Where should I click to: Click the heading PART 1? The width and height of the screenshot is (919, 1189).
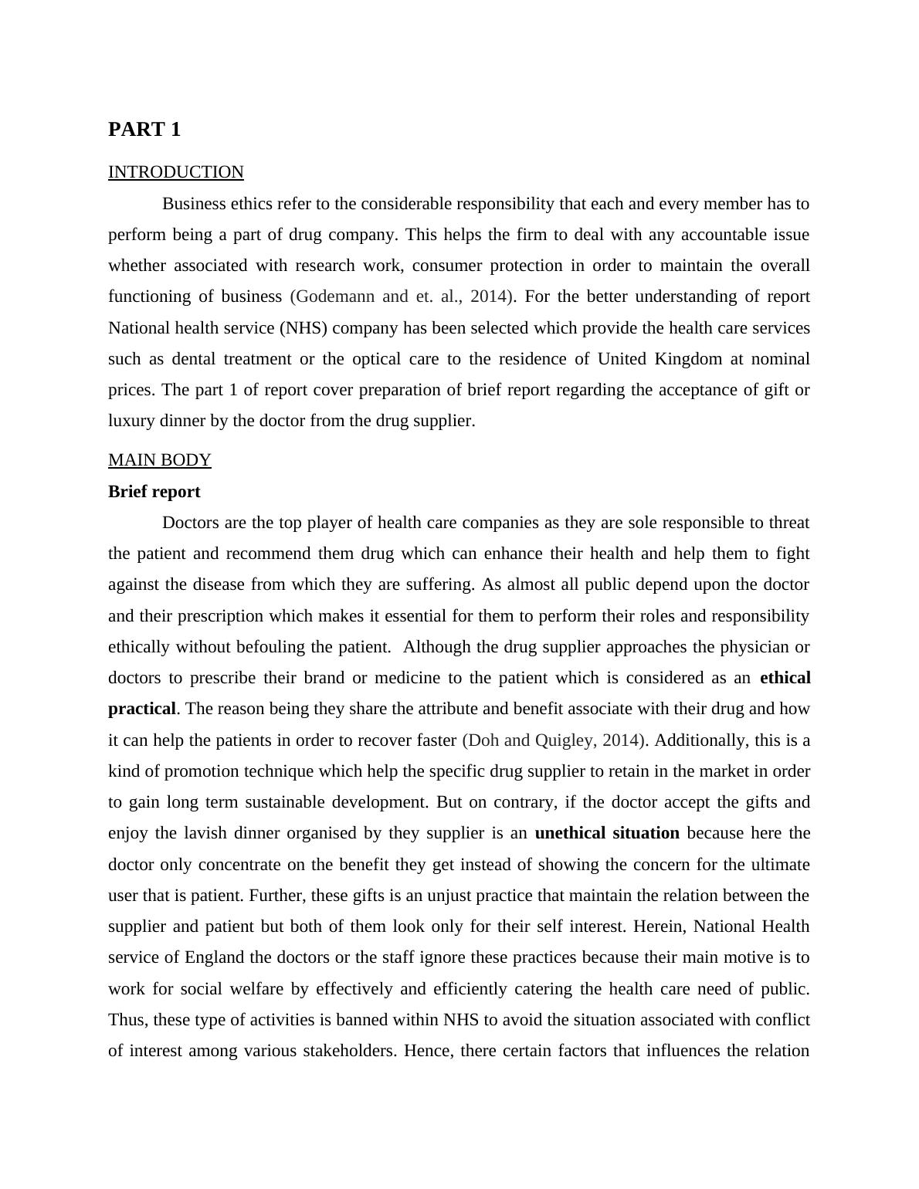point(144,130)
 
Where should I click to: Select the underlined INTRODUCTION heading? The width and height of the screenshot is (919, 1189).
point(176,172)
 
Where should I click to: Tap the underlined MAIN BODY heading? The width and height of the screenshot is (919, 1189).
point(159,460)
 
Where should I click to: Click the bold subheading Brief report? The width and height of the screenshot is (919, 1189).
point(154,492)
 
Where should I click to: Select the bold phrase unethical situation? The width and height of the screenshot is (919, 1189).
point(607,833)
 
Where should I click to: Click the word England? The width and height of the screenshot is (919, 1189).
point(214,957)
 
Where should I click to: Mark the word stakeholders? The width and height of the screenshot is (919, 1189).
point(347,1051)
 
